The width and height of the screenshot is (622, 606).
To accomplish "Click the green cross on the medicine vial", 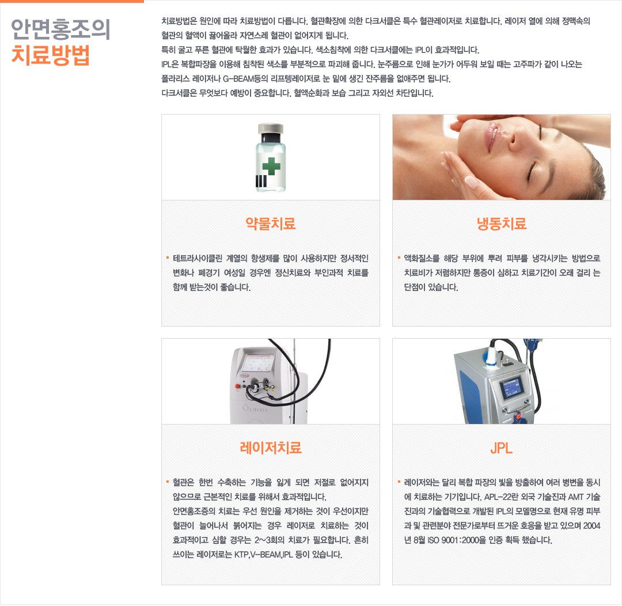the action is (271, 166).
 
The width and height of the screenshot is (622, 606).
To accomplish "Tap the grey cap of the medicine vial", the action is (271, 128).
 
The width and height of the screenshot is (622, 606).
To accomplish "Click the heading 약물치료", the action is (271, 224).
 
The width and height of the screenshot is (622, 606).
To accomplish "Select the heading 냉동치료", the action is (502, 224).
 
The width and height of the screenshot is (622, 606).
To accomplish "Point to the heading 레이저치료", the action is (271, 448).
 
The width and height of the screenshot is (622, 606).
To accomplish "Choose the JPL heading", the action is (502, 448).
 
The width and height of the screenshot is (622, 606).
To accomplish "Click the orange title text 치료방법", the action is (51, 55).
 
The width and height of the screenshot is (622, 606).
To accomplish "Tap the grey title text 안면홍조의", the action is (60, 29).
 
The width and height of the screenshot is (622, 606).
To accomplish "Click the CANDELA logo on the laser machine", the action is (256, 408).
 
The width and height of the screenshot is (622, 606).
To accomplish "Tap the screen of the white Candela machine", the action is (259, 362).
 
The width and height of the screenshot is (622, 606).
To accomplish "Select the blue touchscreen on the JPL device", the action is (511, 387).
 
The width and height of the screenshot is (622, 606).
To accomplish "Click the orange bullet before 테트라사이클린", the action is (168, 258).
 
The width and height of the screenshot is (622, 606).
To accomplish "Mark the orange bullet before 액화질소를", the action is (399, 258).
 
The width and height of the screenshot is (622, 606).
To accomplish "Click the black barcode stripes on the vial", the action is (261, 181).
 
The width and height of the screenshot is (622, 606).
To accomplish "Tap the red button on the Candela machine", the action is (238, 386).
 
